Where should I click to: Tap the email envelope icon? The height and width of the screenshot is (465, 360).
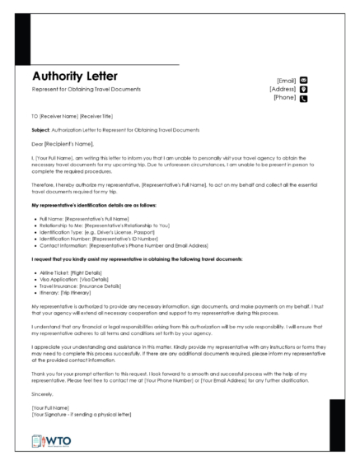(303, 80)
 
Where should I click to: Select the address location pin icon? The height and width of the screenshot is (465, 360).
(303, 89)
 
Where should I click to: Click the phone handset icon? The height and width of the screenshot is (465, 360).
(303, 99)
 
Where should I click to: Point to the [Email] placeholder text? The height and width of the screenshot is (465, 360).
(285, 80)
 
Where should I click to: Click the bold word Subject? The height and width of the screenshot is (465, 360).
(40, 131)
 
